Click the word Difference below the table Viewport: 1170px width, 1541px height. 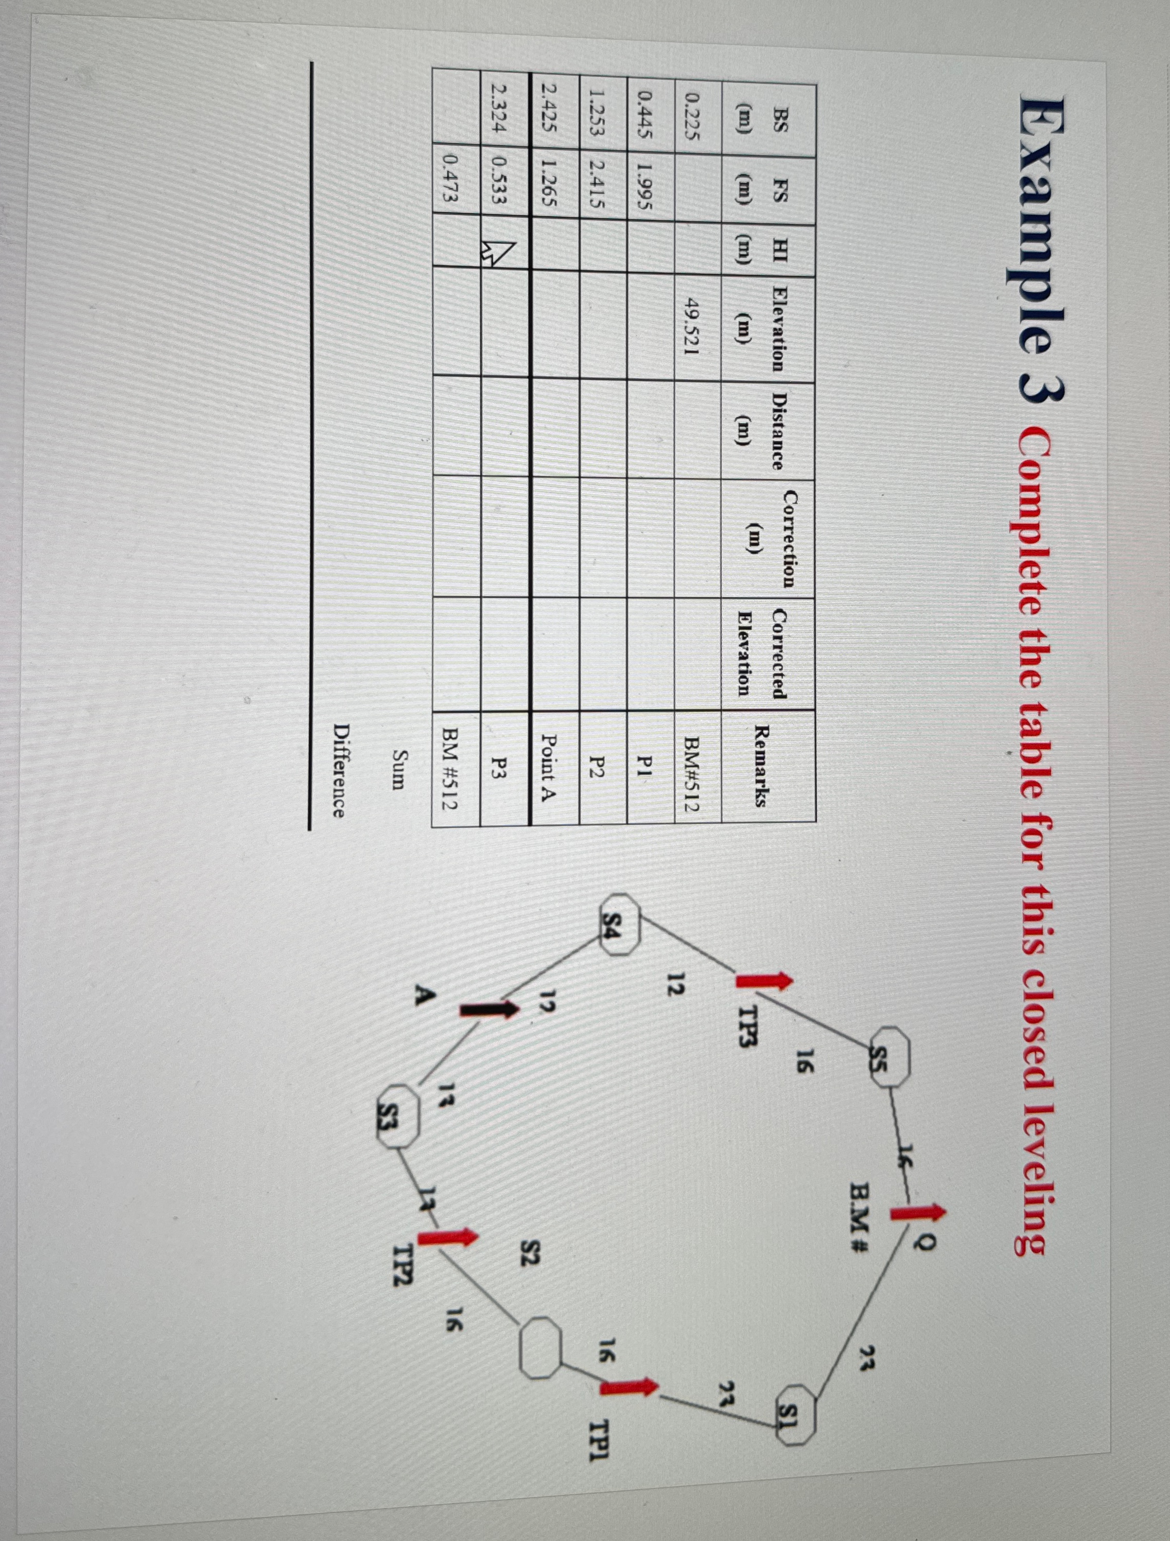[339, 771]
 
